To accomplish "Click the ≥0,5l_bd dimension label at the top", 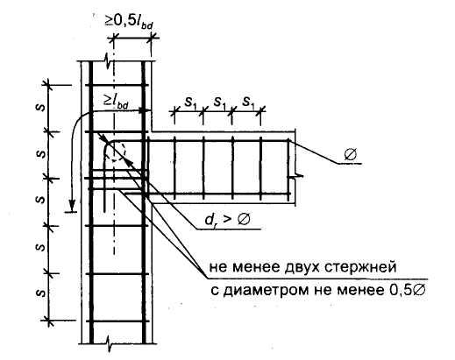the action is pos(129,22).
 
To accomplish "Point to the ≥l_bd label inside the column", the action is pos(116,102).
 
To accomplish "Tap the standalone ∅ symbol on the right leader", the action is pos(351,154).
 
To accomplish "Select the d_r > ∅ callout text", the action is pos(227,219).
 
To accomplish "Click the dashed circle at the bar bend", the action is pos(116,151).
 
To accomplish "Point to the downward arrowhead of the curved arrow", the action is pos(72,204).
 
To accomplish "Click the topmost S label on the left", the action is pos(42,108).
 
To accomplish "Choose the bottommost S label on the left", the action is pos(42,293).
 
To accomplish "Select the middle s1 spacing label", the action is pos(220,102).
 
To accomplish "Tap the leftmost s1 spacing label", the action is pos(190,102).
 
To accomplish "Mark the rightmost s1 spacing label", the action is pos(249,102).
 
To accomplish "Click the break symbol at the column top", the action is pos(109,62).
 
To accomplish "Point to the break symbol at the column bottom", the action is pos(109,343).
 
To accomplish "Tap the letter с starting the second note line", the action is pos(214,291).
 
